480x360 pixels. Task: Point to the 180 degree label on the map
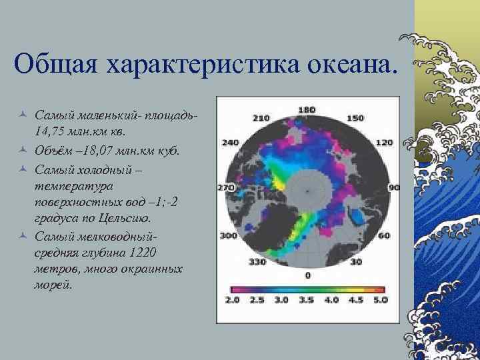(307, 109)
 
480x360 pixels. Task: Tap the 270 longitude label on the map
(226, 189)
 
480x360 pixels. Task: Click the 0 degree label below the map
(307, 275)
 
